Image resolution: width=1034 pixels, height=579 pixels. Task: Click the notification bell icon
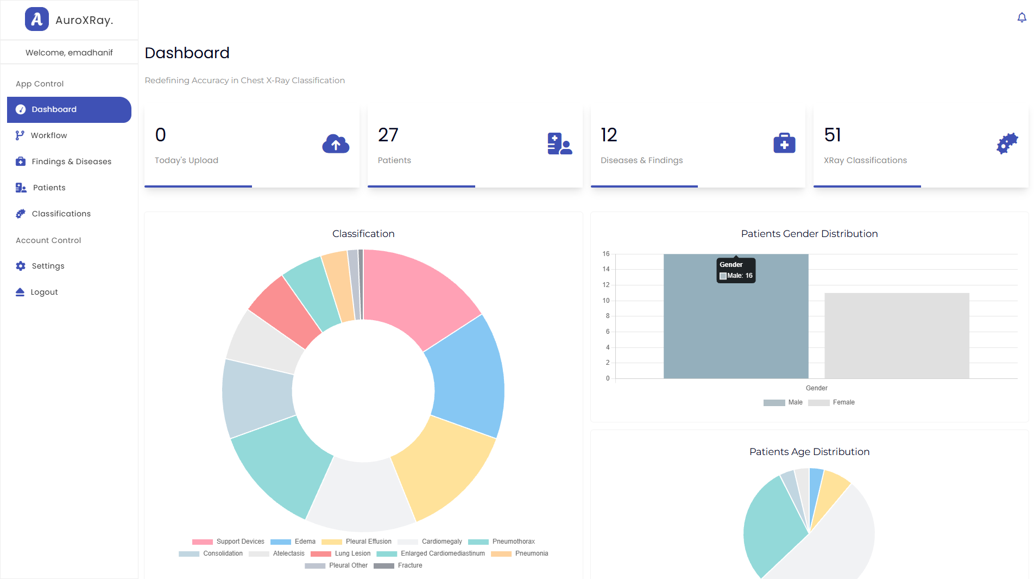pos(1022,18)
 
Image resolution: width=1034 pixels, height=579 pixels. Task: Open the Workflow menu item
pos(48,135)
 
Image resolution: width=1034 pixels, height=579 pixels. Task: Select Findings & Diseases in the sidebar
pos(71,161)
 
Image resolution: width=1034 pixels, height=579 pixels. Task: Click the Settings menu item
pos(48,266)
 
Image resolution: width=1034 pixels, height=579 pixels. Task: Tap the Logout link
pos(44,292)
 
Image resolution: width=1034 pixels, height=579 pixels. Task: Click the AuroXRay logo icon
pos(36,20)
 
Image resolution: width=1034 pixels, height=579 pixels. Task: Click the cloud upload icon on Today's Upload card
pos(336,144)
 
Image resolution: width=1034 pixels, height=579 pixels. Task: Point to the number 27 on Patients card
pos(388,135)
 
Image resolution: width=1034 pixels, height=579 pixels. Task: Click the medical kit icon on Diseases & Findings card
pos(784,144)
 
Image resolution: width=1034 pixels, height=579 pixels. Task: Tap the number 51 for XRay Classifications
pos(832,135)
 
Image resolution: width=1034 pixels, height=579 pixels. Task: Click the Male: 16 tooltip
pos(736,270)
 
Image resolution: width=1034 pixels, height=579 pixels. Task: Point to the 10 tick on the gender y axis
pos(606,301)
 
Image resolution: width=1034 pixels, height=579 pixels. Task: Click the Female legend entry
pos(831,403)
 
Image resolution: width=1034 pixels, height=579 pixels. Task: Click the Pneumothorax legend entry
pos(513,541)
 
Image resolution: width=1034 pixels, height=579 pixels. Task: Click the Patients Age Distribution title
pos(809,452)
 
